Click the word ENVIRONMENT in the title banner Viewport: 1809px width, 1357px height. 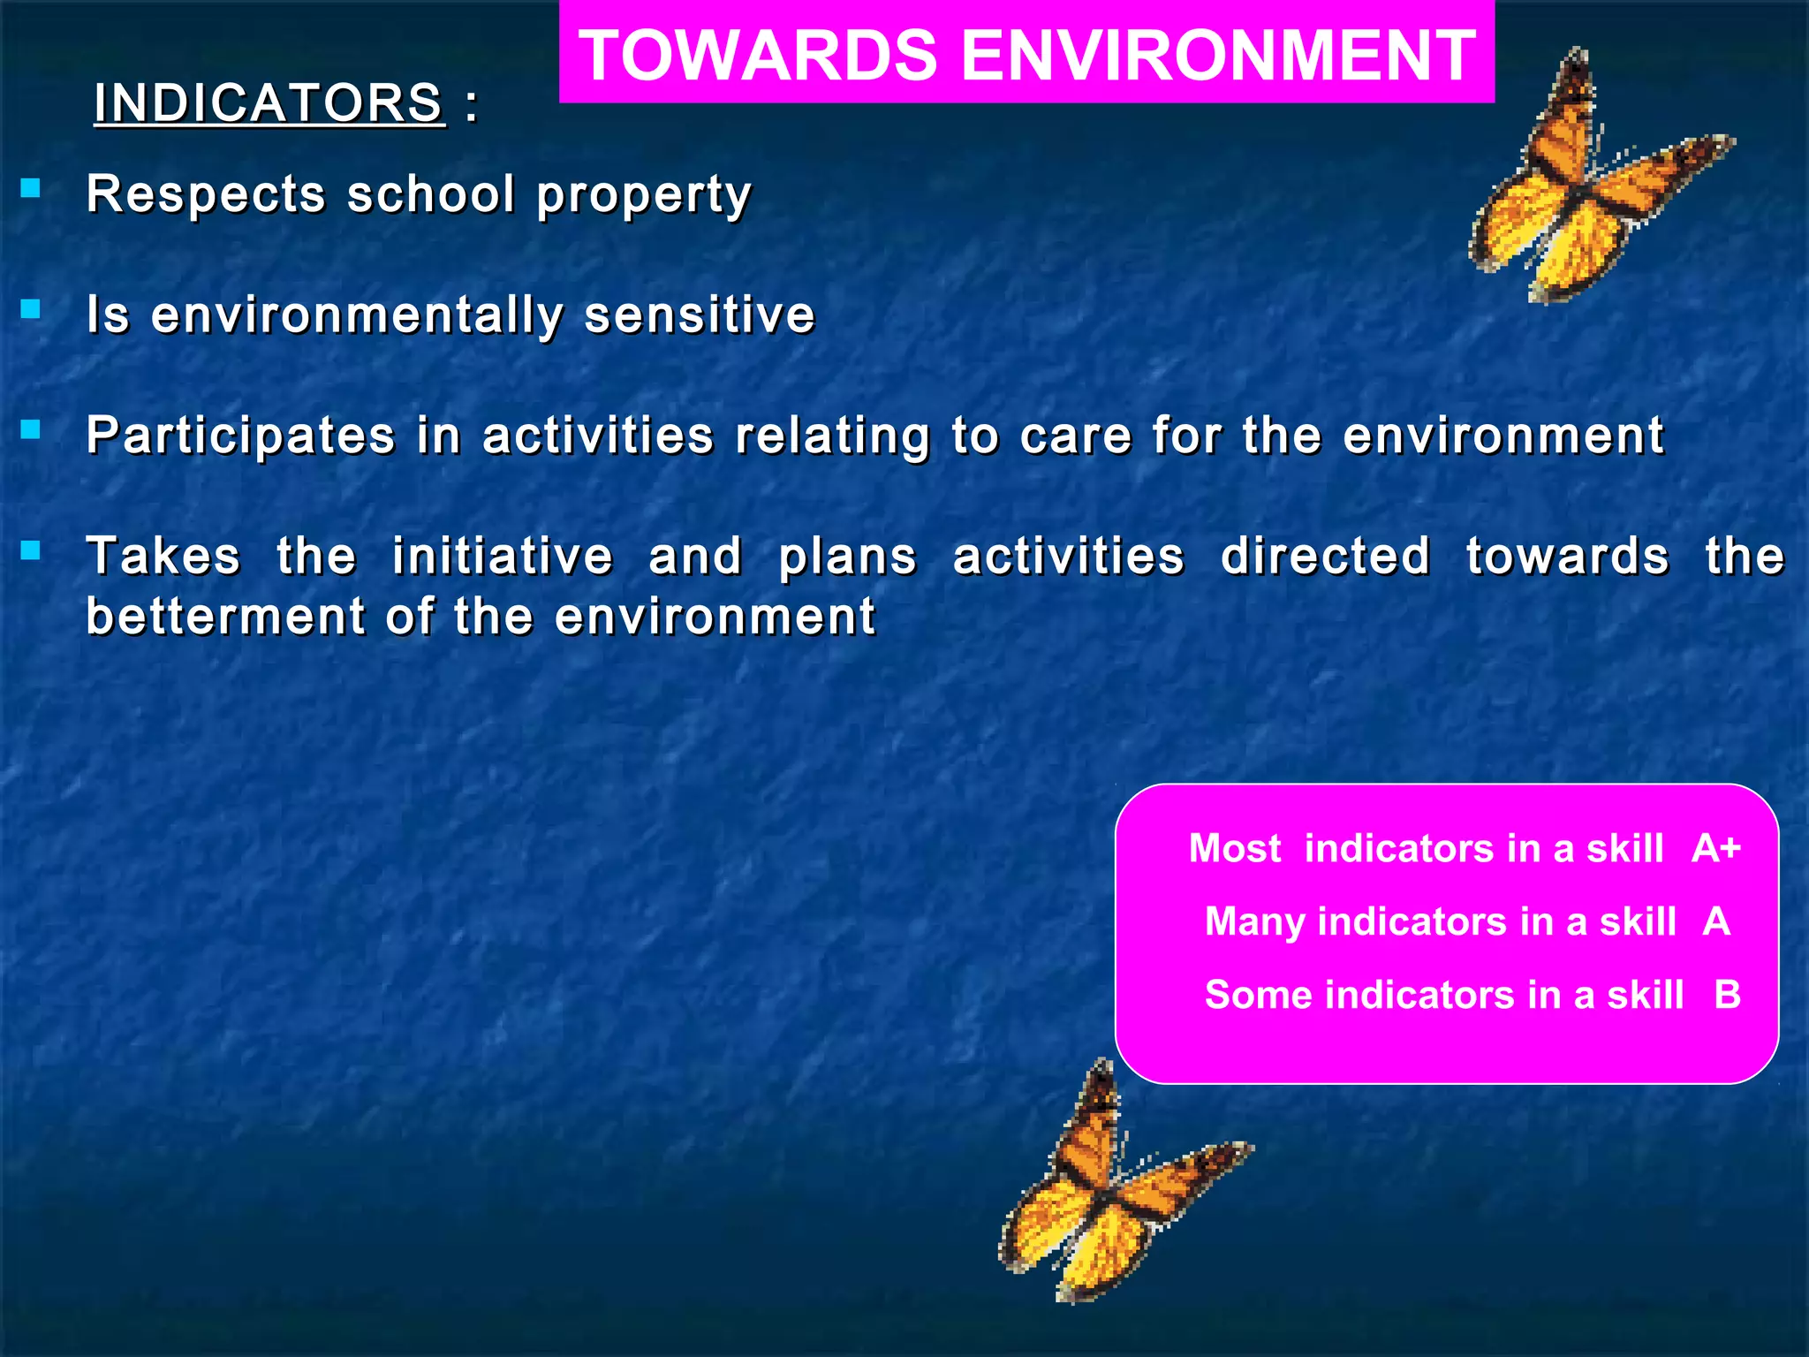[1218, 56]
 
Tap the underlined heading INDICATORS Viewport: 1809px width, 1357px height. [269, 103]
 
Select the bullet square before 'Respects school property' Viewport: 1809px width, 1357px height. [31, 188]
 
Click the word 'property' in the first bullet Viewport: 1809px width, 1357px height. [644, 196]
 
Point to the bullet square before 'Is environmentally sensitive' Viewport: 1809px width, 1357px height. [31, 309]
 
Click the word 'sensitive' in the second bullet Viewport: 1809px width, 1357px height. [699, 315]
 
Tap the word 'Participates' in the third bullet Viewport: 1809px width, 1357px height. [240, 436]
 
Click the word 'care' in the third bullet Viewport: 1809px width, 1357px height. [1075, 436]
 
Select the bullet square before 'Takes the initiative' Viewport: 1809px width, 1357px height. [31, 551]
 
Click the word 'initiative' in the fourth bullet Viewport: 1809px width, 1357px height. [502, 557]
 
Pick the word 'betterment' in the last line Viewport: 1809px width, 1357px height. [225, 616]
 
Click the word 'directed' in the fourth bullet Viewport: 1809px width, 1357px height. [1325, 557]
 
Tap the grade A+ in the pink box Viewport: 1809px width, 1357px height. [1715, 848]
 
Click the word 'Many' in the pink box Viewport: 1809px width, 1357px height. [1254, 922]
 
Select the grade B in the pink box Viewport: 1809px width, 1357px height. [1727, 996]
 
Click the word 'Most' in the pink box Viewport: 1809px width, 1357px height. [1234, 848]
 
